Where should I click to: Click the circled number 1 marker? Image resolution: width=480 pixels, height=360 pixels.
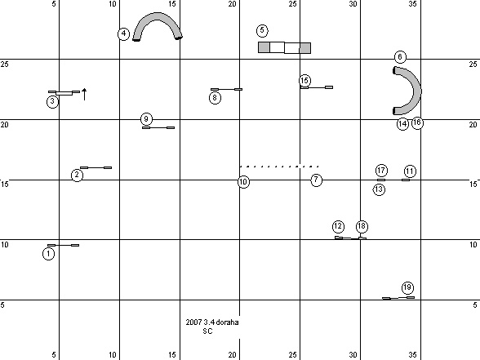(x=48, y=254)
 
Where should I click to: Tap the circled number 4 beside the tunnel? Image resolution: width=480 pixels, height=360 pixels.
(x=124, y=33)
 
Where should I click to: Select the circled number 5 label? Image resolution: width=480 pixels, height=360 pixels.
(x=262, y=30)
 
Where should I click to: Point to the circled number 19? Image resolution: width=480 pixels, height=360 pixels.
(x=407, y=287)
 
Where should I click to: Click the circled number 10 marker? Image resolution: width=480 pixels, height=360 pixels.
(x=243, y=182)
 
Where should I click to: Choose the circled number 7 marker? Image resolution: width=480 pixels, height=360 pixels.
(x=316, y=180)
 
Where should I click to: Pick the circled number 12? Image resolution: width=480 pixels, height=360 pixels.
(x=338, y=227)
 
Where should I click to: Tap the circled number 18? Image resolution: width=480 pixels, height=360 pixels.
(x=362, y=227)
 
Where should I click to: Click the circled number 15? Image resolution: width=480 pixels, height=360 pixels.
(x=304, y=81)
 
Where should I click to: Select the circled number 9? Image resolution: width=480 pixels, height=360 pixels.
(x=146, y=119)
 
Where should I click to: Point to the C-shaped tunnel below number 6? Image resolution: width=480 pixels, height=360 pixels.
(x=417, y=91)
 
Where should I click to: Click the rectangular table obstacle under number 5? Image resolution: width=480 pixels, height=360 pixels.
(x=284, y=47)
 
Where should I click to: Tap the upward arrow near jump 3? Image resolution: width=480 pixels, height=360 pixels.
(x=85, y=95)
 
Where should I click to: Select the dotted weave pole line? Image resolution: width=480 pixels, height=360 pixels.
(x=279, y=167)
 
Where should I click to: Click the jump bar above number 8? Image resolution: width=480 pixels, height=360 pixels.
(x=227, y=90)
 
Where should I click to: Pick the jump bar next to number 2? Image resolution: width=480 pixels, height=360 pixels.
(x=96, y=168)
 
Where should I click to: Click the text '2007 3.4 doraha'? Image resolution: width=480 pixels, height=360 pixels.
(x=212, y=322)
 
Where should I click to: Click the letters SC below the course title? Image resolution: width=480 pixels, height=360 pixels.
(x=207, y=331)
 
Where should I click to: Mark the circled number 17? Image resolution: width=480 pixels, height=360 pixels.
(x=381, y=171)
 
